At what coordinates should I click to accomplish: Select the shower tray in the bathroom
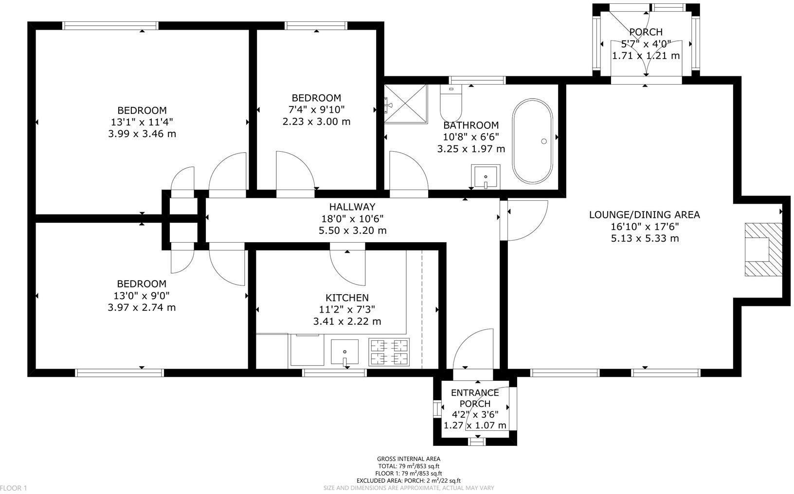click(406, 104)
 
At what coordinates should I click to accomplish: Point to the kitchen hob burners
click(389, 352)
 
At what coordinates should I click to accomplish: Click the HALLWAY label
click(352, 207)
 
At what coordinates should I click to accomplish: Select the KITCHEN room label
click(347, 298)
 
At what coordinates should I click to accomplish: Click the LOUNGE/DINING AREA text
click(644, 214)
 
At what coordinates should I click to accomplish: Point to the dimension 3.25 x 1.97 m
click(471, 149)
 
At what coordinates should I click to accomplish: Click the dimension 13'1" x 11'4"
click(142, 122)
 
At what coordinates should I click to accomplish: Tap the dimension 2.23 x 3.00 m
click(316, 122)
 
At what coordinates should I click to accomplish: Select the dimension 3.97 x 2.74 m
click(142, 307)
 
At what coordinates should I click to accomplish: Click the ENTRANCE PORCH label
click(475, 398)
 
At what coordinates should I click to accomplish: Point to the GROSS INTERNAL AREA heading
click(408, 459)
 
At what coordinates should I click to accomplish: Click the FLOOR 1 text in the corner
click(14, 488)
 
